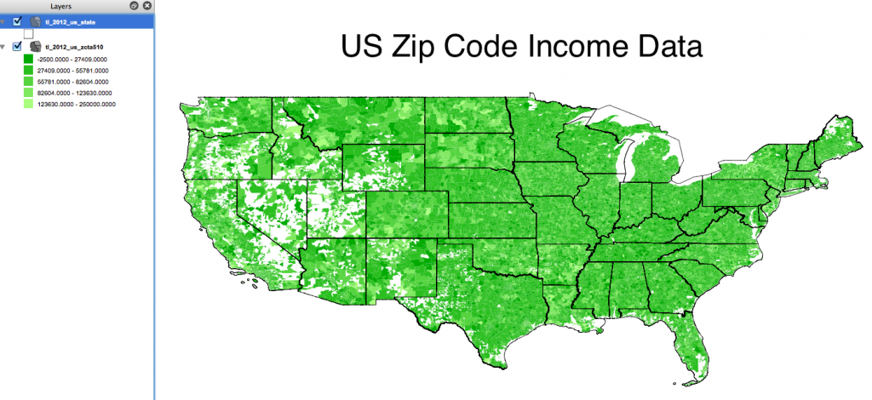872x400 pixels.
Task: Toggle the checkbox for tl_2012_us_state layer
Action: pyautogui.click(x=18, y=21)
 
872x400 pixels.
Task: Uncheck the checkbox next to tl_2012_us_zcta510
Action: pyautogui.click(x=18, y=46)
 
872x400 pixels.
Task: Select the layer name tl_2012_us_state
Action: pyautogui.click(x=71, y=21)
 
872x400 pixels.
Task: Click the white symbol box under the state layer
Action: pyautogui.click(x=28, y=33)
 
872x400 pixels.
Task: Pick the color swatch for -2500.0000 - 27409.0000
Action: pyautogui.click(x=28, y=59)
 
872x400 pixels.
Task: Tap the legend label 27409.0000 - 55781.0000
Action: pyautogui.click(x=72, y=70)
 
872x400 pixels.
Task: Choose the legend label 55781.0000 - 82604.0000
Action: pyautogui.click(x=72, y=81)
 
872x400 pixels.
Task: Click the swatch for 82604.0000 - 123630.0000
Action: pyautogui.click(x=28, y=92)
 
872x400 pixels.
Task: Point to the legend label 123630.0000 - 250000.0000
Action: pyautogui.click(x=77, y=104)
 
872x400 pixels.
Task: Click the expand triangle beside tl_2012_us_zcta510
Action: pyautogui.click(x=5, y=46)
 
